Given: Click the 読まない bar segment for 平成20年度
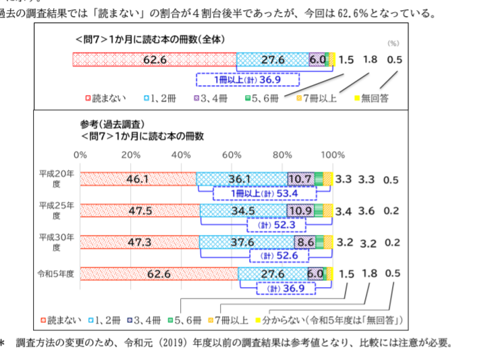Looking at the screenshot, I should [138, 179].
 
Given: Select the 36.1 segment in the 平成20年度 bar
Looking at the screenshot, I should [240, 179].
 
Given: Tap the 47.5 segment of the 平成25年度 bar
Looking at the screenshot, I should [139, 211].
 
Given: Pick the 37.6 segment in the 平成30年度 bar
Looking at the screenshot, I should [246, 242].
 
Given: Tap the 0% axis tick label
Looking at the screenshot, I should [80, 155].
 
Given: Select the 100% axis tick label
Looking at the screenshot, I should [332, 155].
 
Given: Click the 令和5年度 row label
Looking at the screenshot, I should [57, 274].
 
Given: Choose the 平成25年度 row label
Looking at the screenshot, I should [57, 210].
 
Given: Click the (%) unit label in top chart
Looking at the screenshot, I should [394, 43].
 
